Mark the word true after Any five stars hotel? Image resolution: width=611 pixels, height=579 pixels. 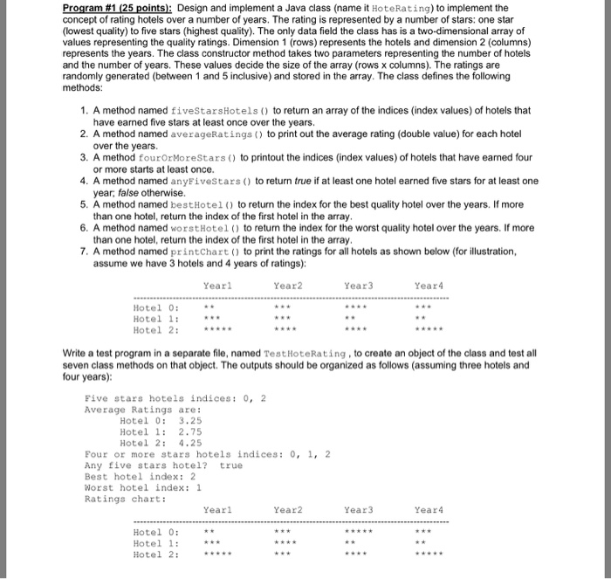coord(231,465)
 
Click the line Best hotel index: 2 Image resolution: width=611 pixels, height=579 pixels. coord(140,477)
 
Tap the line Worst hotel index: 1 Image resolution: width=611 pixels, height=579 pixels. coord(143,488)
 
